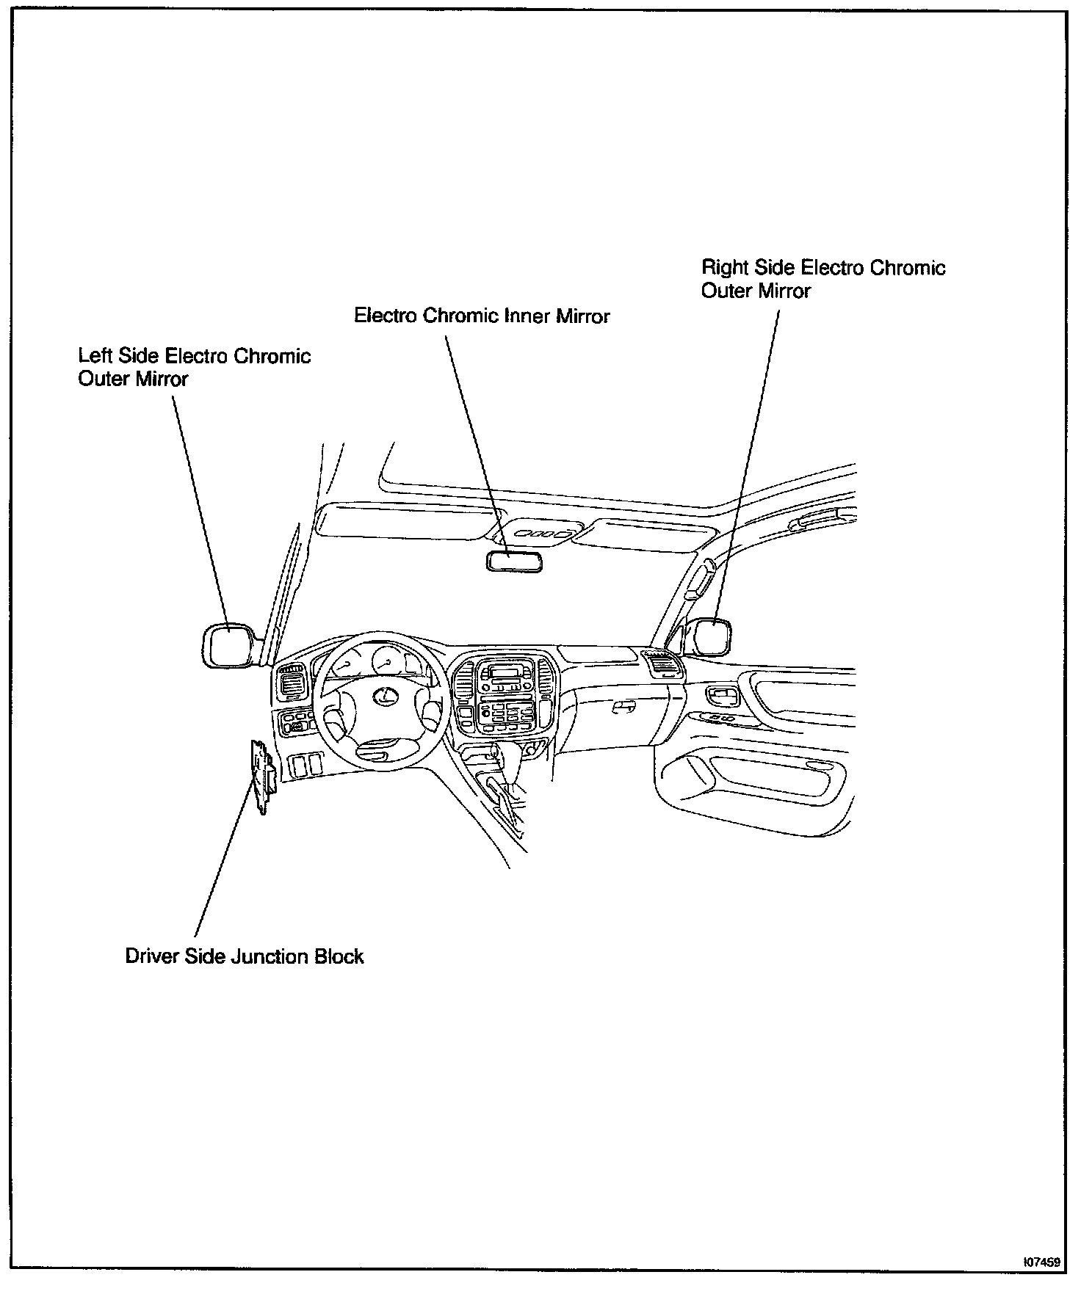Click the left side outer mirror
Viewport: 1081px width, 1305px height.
coord(228,645)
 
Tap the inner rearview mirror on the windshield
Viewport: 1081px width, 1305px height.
coord(513,562)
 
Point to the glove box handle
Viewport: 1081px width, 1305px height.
coord(624,705)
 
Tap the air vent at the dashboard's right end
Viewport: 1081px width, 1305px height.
coord(663,665)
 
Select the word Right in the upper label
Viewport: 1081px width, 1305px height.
coord(726,267)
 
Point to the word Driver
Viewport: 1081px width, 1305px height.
coord(151,956)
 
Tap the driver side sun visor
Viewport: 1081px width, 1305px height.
coord(402,520)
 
